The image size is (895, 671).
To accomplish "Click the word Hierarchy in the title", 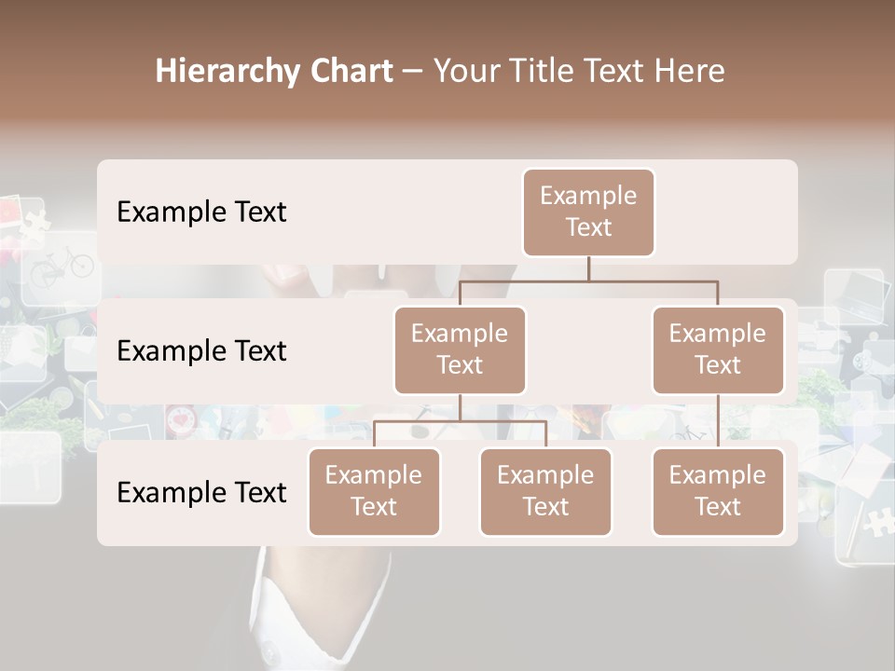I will (x=225, y=72).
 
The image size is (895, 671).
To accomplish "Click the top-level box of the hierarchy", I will (x=588, y=212).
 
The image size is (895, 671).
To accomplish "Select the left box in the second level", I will (x=460, y=349).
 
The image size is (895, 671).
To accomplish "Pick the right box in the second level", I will (x=718, y=349).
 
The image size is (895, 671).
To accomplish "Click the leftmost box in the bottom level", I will (x=374, y=491).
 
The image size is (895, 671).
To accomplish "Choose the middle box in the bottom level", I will (x=545, y=491).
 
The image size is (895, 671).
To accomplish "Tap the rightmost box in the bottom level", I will (x=718, y=491).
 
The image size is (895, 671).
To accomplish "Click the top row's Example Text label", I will (x=201, y=212).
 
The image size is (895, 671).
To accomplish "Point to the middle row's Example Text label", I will (x=201, y=351).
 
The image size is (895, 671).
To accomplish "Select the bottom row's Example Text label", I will (x=201, y=492).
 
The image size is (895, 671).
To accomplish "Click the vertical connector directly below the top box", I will (x=588, y=268).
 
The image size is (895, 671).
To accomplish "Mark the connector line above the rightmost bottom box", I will (x=718, y=421).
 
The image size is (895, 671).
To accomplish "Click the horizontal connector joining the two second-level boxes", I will (x=588, y=281).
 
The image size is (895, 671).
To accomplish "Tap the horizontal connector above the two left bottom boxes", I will (x=460, y=421).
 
